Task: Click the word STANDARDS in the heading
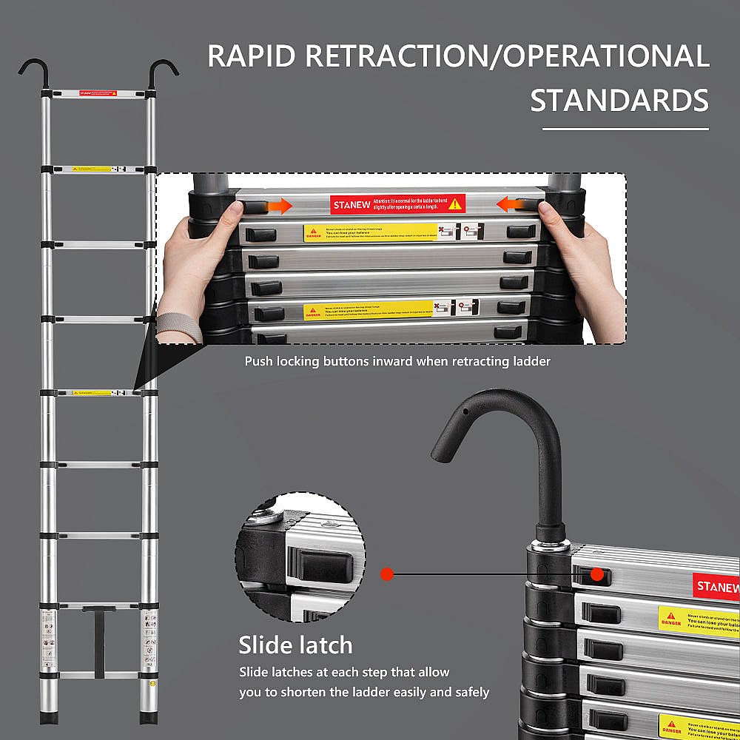pyautogui.click(x=619, y=100)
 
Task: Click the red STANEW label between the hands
pyautogui.click(x=398, y=203)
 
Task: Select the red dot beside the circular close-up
pyautogui.click(x=386, y=573)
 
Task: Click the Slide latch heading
pyautogui.click(x=295, y=645)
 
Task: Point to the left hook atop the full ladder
pyautogui.click(x=33, y=70)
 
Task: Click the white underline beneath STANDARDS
pyautogui.click(x=625, y=129)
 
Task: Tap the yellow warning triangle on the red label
pyautogui.click(x=454, y=203)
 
